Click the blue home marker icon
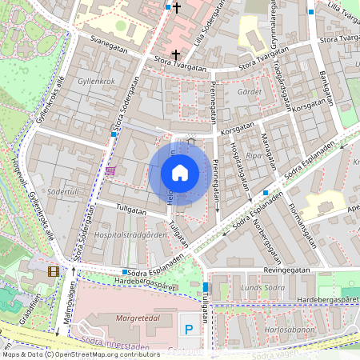pos(180,173)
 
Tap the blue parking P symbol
pos(190,329)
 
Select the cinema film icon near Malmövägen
pos(54,272)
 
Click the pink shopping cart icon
pos(110,170)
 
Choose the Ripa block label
pos(254,156)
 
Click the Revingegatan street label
pos(282,271)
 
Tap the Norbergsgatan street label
pos(270,243)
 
